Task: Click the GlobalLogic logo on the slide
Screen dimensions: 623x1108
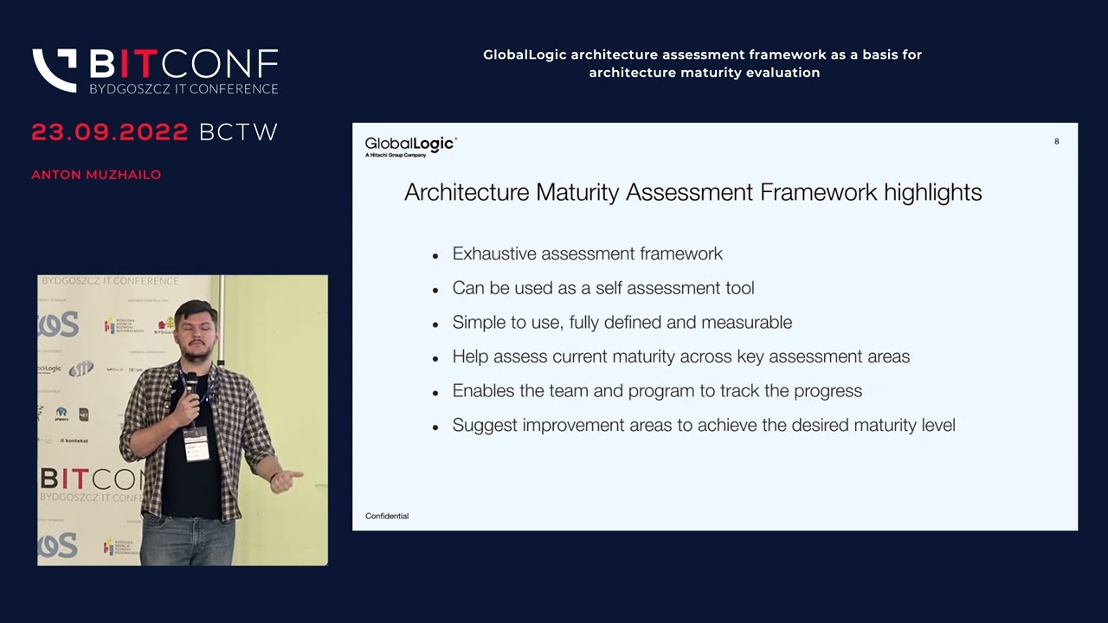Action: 410,146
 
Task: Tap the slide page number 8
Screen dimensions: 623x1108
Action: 1056,141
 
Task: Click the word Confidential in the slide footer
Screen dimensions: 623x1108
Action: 387,516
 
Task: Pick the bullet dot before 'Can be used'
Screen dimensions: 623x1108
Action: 435,290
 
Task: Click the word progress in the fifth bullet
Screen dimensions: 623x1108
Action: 829,391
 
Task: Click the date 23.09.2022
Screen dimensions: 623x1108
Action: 110,132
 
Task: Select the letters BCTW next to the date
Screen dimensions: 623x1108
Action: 238,132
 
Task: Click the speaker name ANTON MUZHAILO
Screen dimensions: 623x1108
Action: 96,175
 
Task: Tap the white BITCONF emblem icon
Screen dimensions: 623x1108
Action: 55,70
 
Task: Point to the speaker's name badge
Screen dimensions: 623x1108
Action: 196,444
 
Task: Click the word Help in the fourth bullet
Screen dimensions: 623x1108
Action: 470,356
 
